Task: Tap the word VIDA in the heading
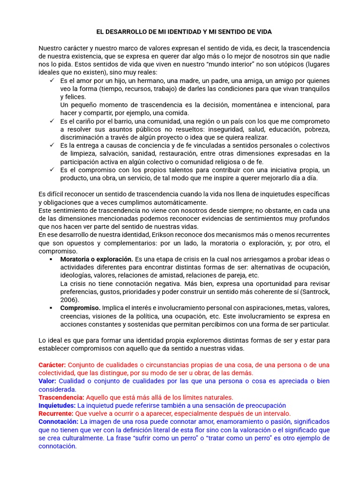tap(263, 31)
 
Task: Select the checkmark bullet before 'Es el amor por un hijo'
tap(52, 81)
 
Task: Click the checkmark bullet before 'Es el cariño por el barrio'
tap(52, 121)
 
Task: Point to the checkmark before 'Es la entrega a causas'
tap(52, 145)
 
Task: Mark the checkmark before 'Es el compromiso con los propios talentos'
tap(52, 170)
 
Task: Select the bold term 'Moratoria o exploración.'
tap(97, 259)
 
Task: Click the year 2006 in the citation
tap(69, 300)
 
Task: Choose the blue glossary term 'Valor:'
tap(47, 381)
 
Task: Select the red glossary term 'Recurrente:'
tap(56, 413)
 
